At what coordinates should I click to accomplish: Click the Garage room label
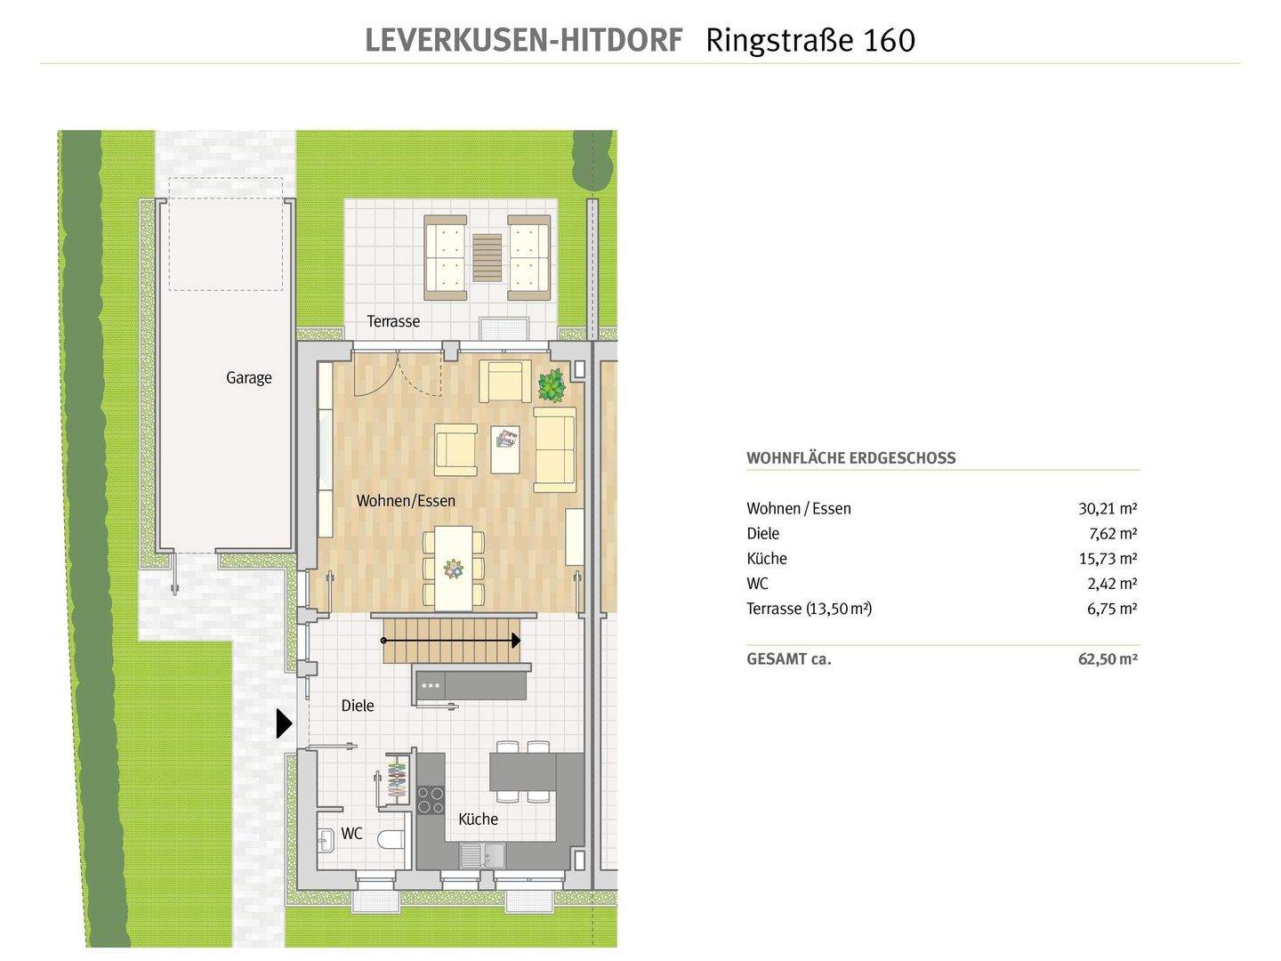coord(248,377)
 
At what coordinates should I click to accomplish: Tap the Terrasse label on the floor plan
coord(393,321)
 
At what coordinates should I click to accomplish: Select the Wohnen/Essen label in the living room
coord(406,501)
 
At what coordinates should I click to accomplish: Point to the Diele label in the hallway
coord(358,706)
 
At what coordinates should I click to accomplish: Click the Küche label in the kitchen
coord(478,820)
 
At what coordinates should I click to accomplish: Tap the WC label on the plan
coord(351,834)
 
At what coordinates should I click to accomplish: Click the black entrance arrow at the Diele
coord(284,723)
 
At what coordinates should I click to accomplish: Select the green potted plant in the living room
coord(552,385)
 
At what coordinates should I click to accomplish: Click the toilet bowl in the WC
coord(391,840)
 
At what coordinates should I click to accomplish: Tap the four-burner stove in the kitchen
coord(431,799)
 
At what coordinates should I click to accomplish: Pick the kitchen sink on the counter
coord(480,856)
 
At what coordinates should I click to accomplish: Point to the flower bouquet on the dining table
coord(455,568)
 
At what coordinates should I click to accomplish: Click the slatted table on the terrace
coord(487,256)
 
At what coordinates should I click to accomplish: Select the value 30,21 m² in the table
coord(1107,509)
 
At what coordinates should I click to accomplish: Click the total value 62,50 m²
coord(1107,659)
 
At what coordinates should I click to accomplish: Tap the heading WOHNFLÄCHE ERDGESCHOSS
coord(850,458)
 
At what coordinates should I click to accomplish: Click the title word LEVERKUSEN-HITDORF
coord(524,40)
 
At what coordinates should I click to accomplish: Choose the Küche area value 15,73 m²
coord(1107,559)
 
